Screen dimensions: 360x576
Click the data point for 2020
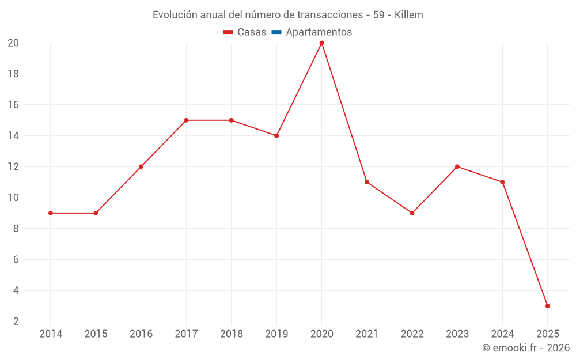click(321, 43)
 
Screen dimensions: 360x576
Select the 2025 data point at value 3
click(547, 306)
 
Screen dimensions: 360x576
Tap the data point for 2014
click(51, 213)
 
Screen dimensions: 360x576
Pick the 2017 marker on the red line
click(186, 120)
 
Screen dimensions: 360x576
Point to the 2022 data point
click(412, 213)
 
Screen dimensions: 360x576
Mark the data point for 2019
click(276, 136)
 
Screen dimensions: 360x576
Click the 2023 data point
click(457, 166)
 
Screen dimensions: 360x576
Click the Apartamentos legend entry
click(319, 32)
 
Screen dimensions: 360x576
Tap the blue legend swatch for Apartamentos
click(276, 32)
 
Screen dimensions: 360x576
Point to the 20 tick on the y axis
click(13, 43)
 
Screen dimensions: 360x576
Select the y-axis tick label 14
click(13, 136)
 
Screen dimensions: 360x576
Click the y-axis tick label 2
click(16, 321)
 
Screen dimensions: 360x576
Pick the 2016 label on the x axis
click(141, 334)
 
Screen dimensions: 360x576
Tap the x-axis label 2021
click(367, 334)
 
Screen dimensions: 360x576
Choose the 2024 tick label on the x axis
click(502, 334)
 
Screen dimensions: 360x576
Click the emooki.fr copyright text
click(526, 348)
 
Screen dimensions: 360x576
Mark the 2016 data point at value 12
click(141, 166)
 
